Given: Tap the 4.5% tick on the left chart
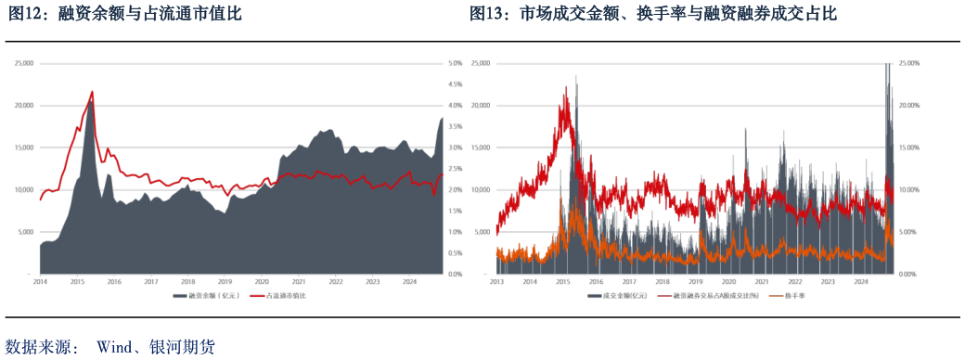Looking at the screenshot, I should click(x=457, y=84).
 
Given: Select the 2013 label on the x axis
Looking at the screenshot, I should click(x=496, y=280).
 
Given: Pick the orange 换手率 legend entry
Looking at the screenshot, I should click(x=794, y=296).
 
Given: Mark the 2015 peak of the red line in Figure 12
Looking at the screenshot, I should click(x=92, y=91).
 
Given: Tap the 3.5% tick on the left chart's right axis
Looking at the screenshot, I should click(x=457, y=127).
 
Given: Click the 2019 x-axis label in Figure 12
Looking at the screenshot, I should click(x=225, y=280).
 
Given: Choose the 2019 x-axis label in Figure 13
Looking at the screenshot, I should click(x=697, y=280).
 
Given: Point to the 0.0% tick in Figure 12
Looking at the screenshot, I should click(x=457, y=275).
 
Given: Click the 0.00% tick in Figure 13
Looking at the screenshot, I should click(x=911, y=275).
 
